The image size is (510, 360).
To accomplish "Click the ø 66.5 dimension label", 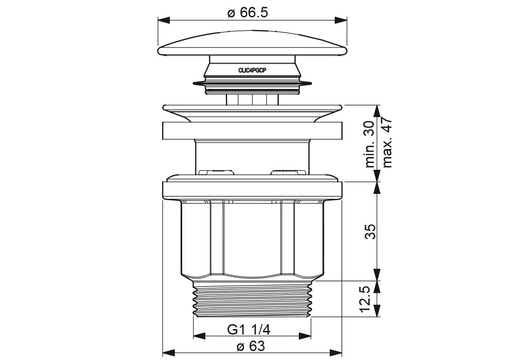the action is coord(248,13).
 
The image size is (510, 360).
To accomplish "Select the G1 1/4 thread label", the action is coord(249,330).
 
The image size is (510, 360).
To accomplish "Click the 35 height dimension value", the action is coord(370,232).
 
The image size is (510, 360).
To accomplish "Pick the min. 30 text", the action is coord(370,144).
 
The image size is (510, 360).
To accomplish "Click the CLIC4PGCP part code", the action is coord(252,70).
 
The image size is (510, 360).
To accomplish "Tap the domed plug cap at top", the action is coord(252,44).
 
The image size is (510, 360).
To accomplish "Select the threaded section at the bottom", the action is coord(252,299).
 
